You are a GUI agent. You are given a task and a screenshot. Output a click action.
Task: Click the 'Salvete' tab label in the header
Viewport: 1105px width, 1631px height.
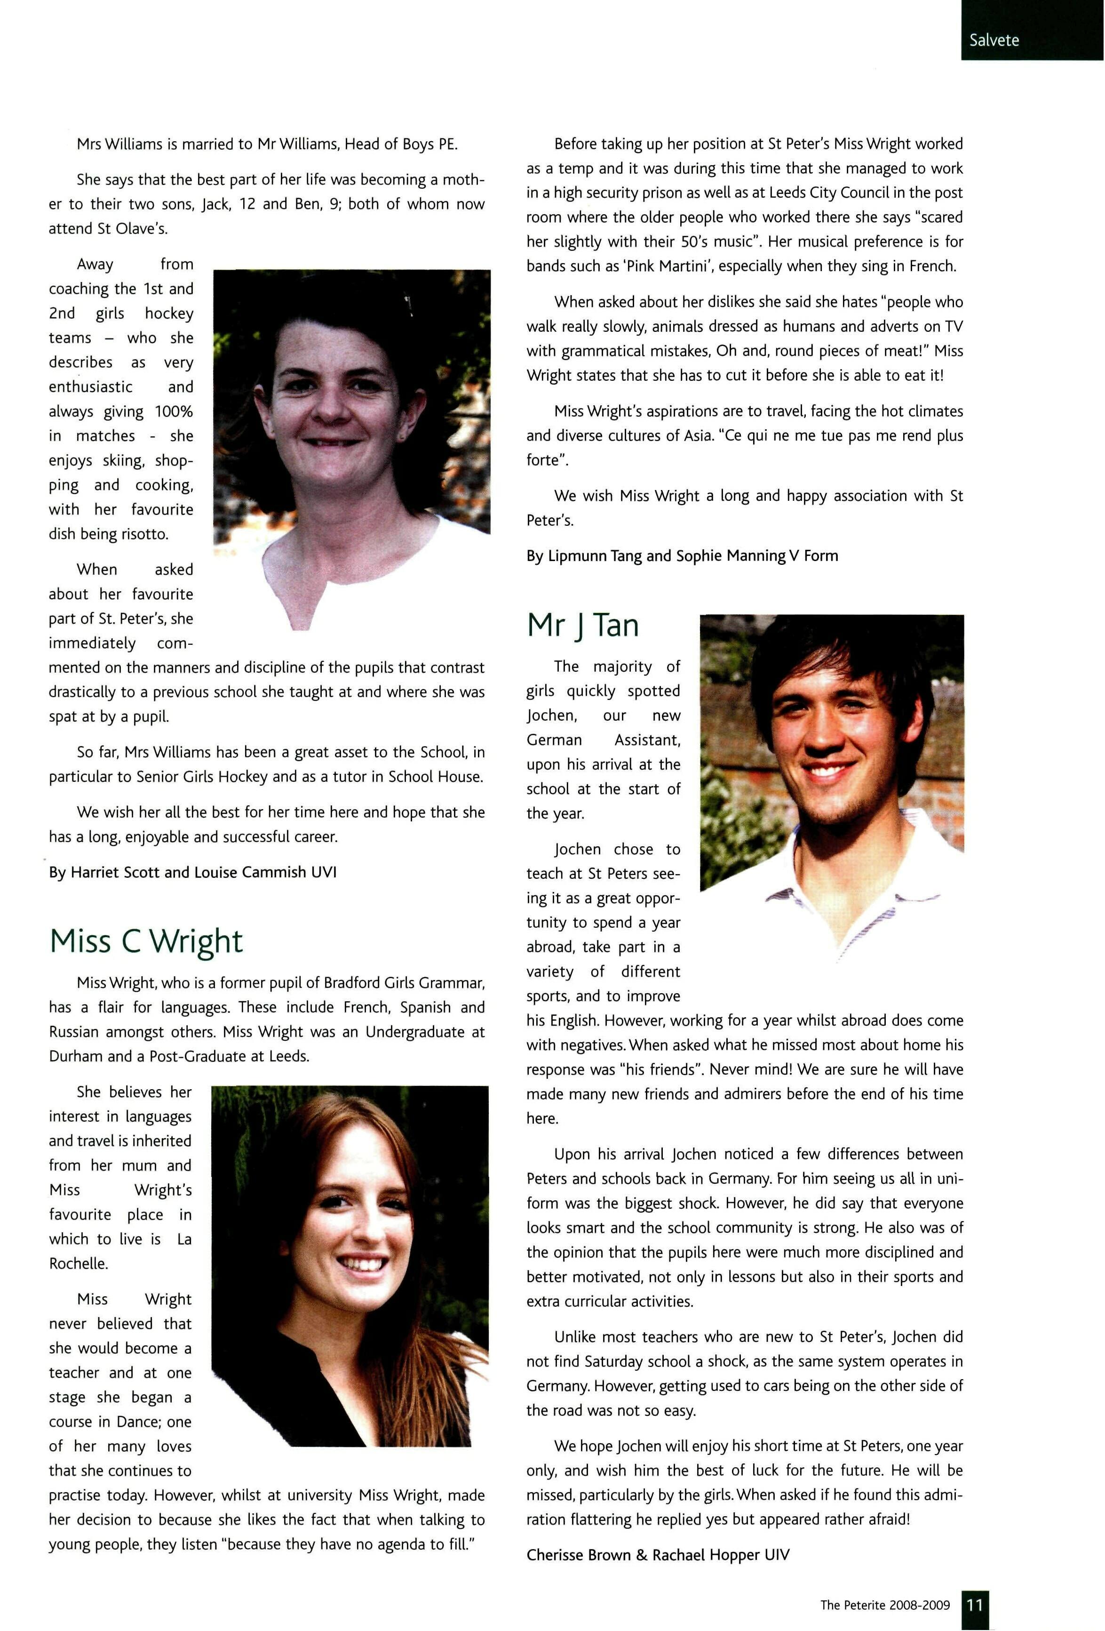pyautogui.click(x=994, y=40)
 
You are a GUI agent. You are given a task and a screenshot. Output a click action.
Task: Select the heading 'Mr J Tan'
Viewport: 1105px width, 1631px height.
pyautogui.click(x=583, y=625)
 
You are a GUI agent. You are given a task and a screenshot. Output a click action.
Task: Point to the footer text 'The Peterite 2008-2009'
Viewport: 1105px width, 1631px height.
pyautogui.click(x=885, y=1605)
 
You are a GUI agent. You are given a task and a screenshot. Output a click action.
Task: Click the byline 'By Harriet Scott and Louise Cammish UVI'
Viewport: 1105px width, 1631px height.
pyautogui.click(x=192, y=872)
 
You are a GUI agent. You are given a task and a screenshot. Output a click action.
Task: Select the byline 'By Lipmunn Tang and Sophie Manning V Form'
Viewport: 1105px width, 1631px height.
pyautogui.click(x=682, y=556)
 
